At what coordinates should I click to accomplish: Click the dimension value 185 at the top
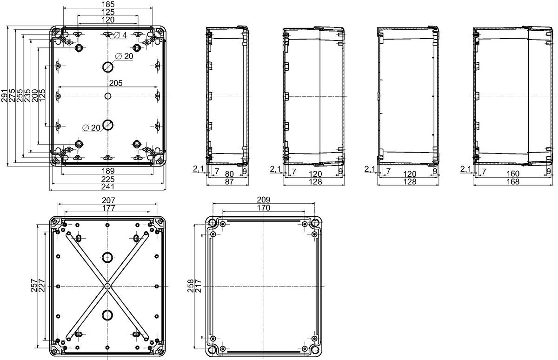pyautogui.click(x=108, y=4)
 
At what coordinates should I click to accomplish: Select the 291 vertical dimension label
pyautogui.click(x=5, y=96)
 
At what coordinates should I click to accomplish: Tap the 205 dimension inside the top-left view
pyautogui.click(x=116, y=83)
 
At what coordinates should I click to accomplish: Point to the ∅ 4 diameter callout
pyautogui.click(x=120, y=35)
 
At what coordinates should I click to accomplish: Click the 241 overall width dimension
pyautogui.click(x=108, y=187)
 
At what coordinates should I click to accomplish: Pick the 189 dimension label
pyautogui.click(x=108, y=171)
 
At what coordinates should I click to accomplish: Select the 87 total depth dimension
pyautogui.click(x=229, y=181)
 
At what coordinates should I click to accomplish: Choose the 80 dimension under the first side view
pyautogui.click(x=229, y=173)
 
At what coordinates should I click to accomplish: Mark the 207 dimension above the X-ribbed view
pyautogui.click(x=109, y=200)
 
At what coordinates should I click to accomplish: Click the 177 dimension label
pyautogui.click(x=109, y=208)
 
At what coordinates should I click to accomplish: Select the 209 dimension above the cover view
pyautogui.click(x=264, y=200)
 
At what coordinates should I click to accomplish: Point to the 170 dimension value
pyautogui.click(x=264, y=207)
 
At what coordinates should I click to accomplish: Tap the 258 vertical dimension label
pyautogui.click(x=190, y=286)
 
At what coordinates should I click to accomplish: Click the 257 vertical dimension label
pyautogui.click(x=34, y=285)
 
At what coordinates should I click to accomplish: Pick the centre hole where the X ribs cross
pyautogui.click(x=107, y=286)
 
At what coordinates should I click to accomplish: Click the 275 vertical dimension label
pyautogui.click(x=12, y=95)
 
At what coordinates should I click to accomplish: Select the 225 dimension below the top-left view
pyautogui.click(x=108, y=179)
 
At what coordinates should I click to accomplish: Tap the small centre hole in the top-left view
pyautogui.click(x=108, y=96)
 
